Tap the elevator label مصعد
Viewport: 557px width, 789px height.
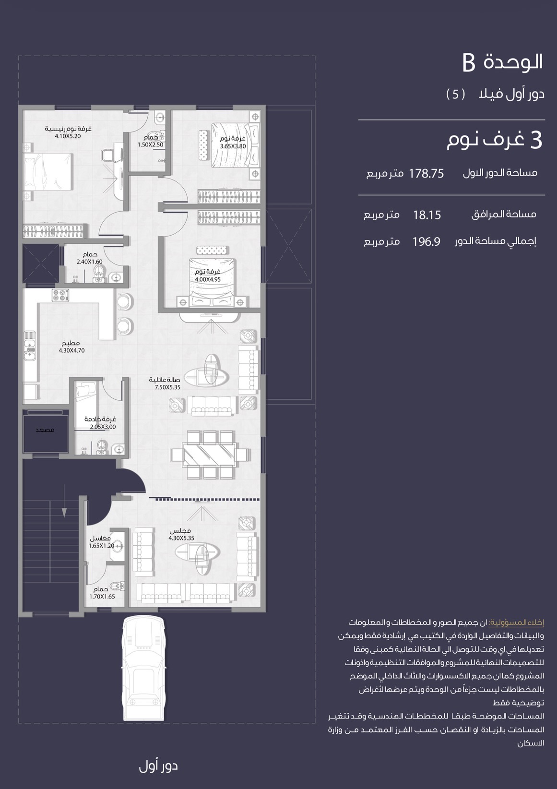45,430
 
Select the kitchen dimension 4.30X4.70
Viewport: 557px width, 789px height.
71,350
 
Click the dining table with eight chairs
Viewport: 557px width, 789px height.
210,455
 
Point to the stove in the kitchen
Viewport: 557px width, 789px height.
60,295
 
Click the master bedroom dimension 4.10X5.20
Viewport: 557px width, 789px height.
68,136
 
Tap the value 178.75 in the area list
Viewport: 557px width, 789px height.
427,174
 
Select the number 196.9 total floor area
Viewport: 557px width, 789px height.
427,241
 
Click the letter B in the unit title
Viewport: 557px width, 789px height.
469,63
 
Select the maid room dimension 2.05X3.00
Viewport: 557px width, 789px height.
103,427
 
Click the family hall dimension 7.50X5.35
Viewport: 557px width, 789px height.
167,387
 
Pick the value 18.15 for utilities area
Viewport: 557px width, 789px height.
427,215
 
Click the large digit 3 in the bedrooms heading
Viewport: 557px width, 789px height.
536,140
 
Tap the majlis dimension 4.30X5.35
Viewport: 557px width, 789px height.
181,538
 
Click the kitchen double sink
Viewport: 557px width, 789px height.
30,346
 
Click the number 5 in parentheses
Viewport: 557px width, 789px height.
456,94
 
